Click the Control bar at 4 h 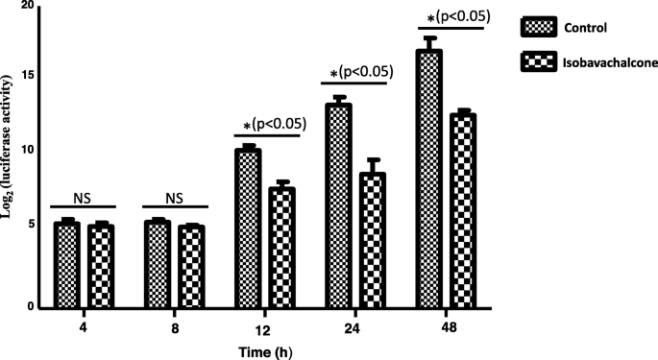tap(66, 266)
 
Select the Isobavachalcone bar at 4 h tap(101, 268)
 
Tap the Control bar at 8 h tap(157, 266)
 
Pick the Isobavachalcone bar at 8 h tap(192, 268)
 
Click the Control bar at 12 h tap(248, 228)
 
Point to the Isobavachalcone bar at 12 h tap(281, 248)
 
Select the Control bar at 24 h tap(338, 205)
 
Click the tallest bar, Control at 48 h tap(428, 179)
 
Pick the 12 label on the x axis tap(264, 327)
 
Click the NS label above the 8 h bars tap(174, 199)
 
